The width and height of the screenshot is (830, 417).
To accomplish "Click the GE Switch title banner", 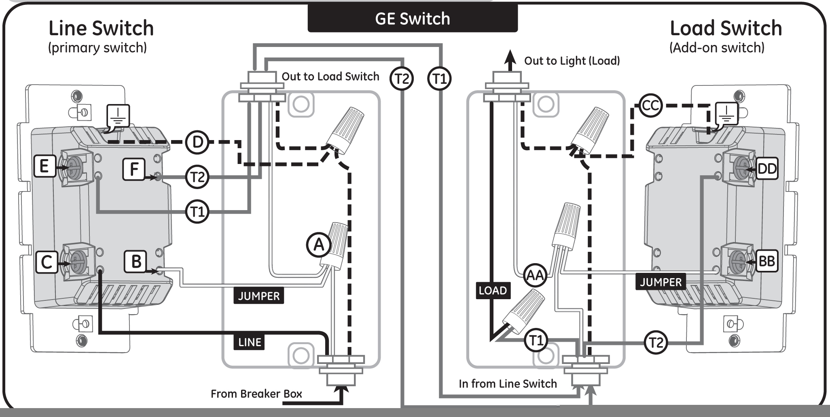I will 413,19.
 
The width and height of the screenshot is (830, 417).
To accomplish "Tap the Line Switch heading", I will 101,28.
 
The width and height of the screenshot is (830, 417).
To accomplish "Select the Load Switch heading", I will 726,28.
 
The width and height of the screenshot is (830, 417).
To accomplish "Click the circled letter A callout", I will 319,245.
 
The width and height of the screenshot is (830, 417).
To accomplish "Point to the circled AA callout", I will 535,275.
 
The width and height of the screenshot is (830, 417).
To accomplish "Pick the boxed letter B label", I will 136,262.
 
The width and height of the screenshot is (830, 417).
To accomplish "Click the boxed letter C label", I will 47,262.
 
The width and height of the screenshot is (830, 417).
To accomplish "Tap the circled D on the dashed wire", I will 197,142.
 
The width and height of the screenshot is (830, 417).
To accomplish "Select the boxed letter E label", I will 44,166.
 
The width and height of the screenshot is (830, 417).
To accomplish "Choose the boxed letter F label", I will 134,169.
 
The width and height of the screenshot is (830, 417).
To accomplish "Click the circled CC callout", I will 650,106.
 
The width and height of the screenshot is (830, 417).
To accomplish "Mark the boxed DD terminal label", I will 766,168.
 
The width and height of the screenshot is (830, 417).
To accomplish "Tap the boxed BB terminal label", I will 766,261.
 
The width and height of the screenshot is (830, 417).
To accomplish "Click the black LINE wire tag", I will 249,342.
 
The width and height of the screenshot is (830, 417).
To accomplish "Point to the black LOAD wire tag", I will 492,290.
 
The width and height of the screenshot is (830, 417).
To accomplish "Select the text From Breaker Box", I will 256,394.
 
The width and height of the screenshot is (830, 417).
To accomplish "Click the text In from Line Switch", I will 508,384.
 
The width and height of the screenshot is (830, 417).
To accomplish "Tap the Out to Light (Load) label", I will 572,61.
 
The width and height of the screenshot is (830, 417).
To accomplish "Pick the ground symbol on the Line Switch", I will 118,116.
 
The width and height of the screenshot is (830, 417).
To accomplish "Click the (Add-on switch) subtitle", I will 717,48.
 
